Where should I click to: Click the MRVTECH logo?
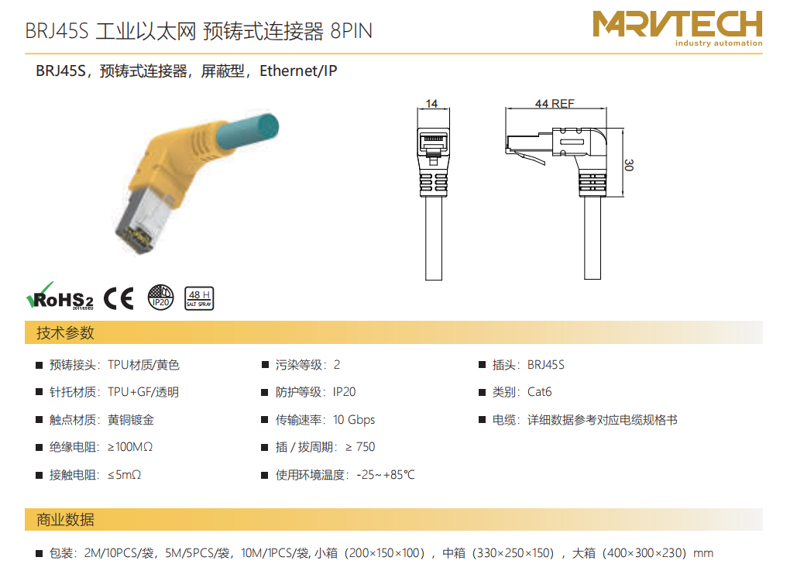[678, 29]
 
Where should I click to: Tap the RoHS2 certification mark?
[60, 297]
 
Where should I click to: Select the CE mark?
[119, 298]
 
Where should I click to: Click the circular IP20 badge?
[160, 298]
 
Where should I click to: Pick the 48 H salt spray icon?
[199, 298]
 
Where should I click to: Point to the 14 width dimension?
[431, 104]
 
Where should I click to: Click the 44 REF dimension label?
[555, 104]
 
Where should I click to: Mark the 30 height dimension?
[629, 165]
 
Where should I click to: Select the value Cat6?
[539, 392]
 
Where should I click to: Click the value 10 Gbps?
[354, 419]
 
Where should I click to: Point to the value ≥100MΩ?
[130, 447]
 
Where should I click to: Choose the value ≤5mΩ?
[124, 474]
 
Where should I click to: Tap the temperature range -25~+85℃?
[385, 474]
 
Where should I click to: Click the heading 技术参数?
[65, 333]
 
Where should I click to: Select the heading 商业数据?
[65, 520]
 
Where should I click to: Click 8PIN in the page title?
[351, 31]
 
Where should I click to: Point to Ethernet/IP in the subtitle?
[298, 71]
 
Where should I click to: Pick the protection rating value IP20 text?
[344, 392]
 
